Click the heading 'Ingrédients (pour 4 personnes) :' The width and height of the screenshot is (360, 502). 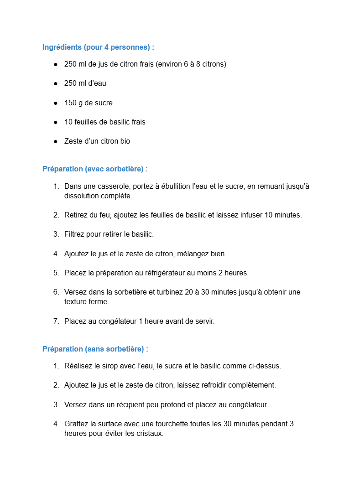(x=98, y=47)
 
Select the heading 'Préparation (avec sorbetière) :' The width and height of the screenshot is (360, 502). (x=95, y=169)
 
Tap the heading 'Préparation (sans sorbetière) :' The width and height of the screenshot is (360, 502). (x=95, y=349)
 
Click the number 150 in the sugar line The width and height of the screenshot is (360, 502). (x=70, y=103)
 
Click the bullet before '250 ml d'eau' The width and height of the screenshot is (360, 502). (x=55, y=83)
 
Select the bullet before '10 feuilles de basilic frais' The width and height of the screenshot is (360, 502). (x=55, y=122)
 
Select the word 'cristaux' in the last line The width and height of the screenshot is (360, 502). (x=147, y=434)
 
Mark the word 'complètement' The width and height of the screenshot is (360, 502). (x=254, y=385)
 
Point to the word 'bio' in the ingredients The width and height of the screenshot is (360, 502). (x=125, y=141)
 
